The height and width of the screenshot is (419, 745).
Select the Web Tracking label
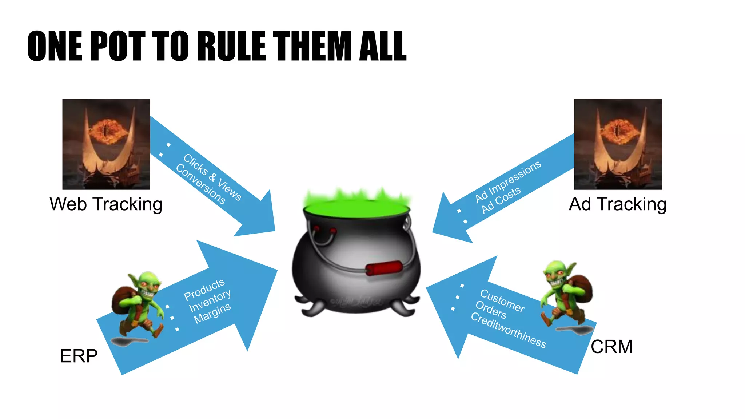(106, 204)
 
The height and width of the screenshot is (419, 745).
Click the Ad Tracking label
(618, 204)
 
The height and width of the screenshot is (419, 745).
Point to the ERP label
(79, 356)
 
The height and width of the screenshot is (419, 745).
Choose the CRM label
(611, 347)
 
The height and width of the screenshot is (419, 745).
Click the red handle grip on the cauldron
(384, 268)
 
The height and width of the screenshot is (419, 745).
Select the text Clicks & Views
(212, 177)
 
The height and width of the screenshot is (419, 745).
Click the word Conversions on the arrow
(200, 184)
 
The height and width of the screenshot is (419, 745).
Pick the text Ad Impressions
(508, 181)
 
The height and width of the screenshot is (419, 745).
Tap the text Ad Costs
(501, 200)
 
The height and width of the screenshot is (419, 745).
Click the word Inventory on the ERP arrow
(210, 300)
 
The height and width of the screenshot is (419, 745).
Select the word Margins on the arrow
(212, 313)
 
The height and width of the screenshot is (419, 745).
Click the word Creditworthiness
(508, 330)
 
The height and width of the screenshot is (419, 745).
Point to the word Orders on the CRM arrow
(491, 310)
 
